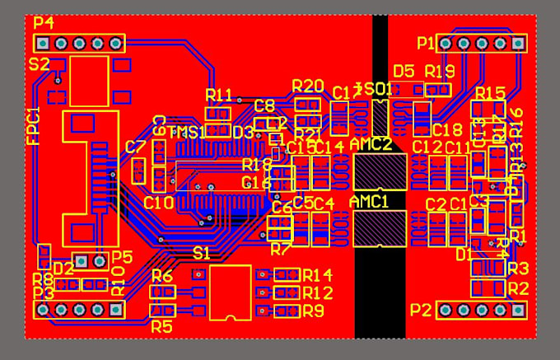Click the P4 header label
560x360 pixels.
pyautogui.click(x=43, y=22)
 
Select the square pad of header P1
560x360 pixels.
pyautogui.click(x=519, y=43)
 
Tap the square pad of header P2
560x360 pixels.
pyautogui.click(x=519, y=310)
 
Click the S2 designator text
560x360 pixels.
pyautogui.click(x=39, y=63)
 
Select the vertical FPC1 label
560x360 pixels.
pyautogui.click(x=33, y=126)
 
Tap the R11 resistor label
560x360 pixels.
pyautogui.click(x=219, y=94)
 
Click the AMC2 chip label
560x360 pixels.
pyautogui.click(x=370, y=144)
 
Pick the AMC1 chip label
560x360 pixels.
pyautogui.click(x=369, y=202)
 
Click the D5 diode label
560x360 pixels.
pyautogui.click(x=404, y=72)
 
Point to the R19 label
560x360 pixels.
pyautogui.click(x=440, y=72)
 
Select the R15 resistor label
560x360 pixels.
pyautogui.click(x=490, y=92)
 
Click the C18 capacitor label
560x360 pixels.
pyautogui.click(x=446, y=130)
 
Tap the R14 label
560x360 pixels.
pyautogui.click(x=317, y=275)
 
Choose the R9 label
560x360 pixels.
pyautogui.click(x=313, y=311)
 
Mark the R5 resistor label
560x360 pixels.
pyautogui.click(x=161, y=326)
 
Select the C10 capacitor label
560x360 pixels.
pyautogui.click(x=158, y=203)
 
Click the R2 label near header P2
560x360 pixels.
pyautogui.click(x=518, y=288)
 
